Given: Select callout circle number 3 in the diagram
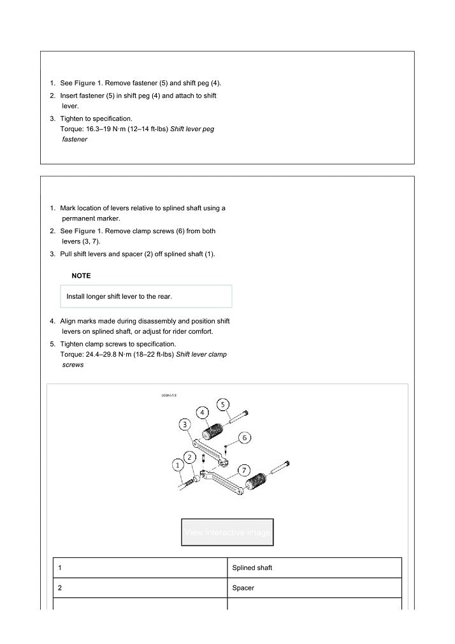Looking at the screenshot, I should tap(184, 424).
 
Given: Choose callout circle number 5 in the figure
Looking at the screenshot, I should tap(223, 404).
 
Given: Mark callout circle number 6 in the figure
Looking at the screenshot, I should tap(245, 438).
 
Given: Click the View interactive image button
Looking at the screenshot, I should tap(227, 532).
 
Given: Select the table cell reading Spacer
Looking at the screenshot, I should tap(243, 588).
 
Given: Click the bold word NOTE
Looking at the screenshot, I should tap(81, 276).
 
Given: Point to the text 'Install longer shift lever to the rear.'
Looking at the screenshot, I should tap(119, 297).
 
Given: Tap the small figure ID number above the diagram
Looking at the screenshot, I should tap(169, 396).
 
